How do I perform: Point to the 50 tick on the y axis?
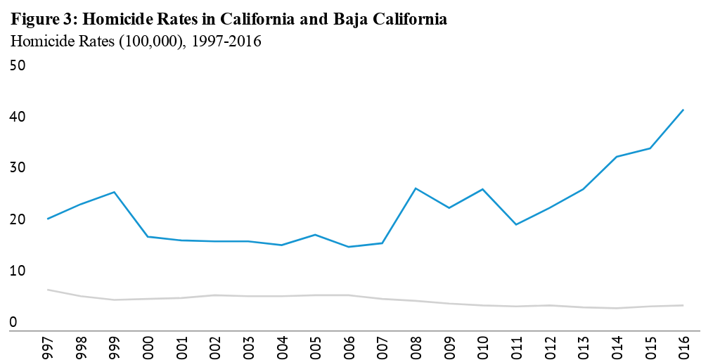click(18, 65)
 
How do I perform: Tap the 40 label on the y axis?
click(18, 117)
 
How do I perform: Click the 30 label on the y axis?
click(18, 168)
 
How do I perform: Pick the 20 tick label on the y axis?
click(18, 220)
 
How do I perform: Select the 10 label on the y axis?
click(18, 271)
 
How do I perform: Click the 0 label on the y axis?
click(13, 323)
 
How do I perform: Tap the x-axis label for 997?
click(48, 346)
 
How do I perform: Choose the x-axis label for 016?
click(683, 346)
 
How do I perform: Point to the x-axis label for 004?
click(282, 346)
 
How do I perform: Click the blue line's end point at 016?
click(683, 110)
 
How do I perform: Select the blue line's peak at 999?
click(114, 192)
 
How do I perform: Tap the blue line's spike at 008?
click(416, 188)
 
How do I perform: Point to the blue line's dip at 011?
click(516, 224)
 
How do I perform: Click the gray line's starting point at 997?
click(47, 290)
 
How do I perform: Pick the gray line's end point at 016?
click(683, 305)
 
